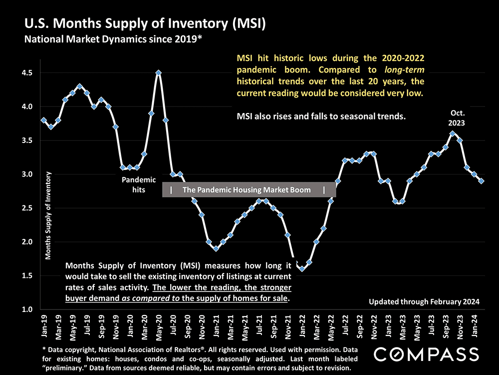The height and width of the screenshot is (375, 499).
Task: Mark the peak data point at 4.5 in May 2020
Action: click(x=158, y=72)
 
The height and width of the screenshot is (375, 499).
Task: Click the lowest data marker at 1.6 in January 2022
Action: click(x=302, y=268)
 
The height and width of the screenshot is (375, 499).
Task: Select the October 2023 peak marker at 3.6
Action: click(x=453, y=133)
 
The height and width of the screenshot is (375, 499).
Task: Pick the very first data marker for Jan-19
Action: click(x=43, y=120)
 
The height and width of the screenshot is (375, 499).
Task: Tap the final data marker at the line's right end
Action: click(x=481, y=181)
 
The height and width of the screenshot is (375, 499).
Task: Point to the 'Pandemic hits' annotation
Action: click(x=139, y=184)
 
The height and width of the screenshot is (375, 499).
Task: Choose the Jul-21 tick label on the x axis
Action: click(x=259, y=325)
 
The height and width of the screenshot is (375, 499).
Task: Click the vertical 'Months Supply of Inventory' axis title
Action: click(x=48, y=215)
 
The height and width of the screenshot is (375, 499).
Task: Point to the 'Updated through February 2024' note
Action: click(x=424, y=301)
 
